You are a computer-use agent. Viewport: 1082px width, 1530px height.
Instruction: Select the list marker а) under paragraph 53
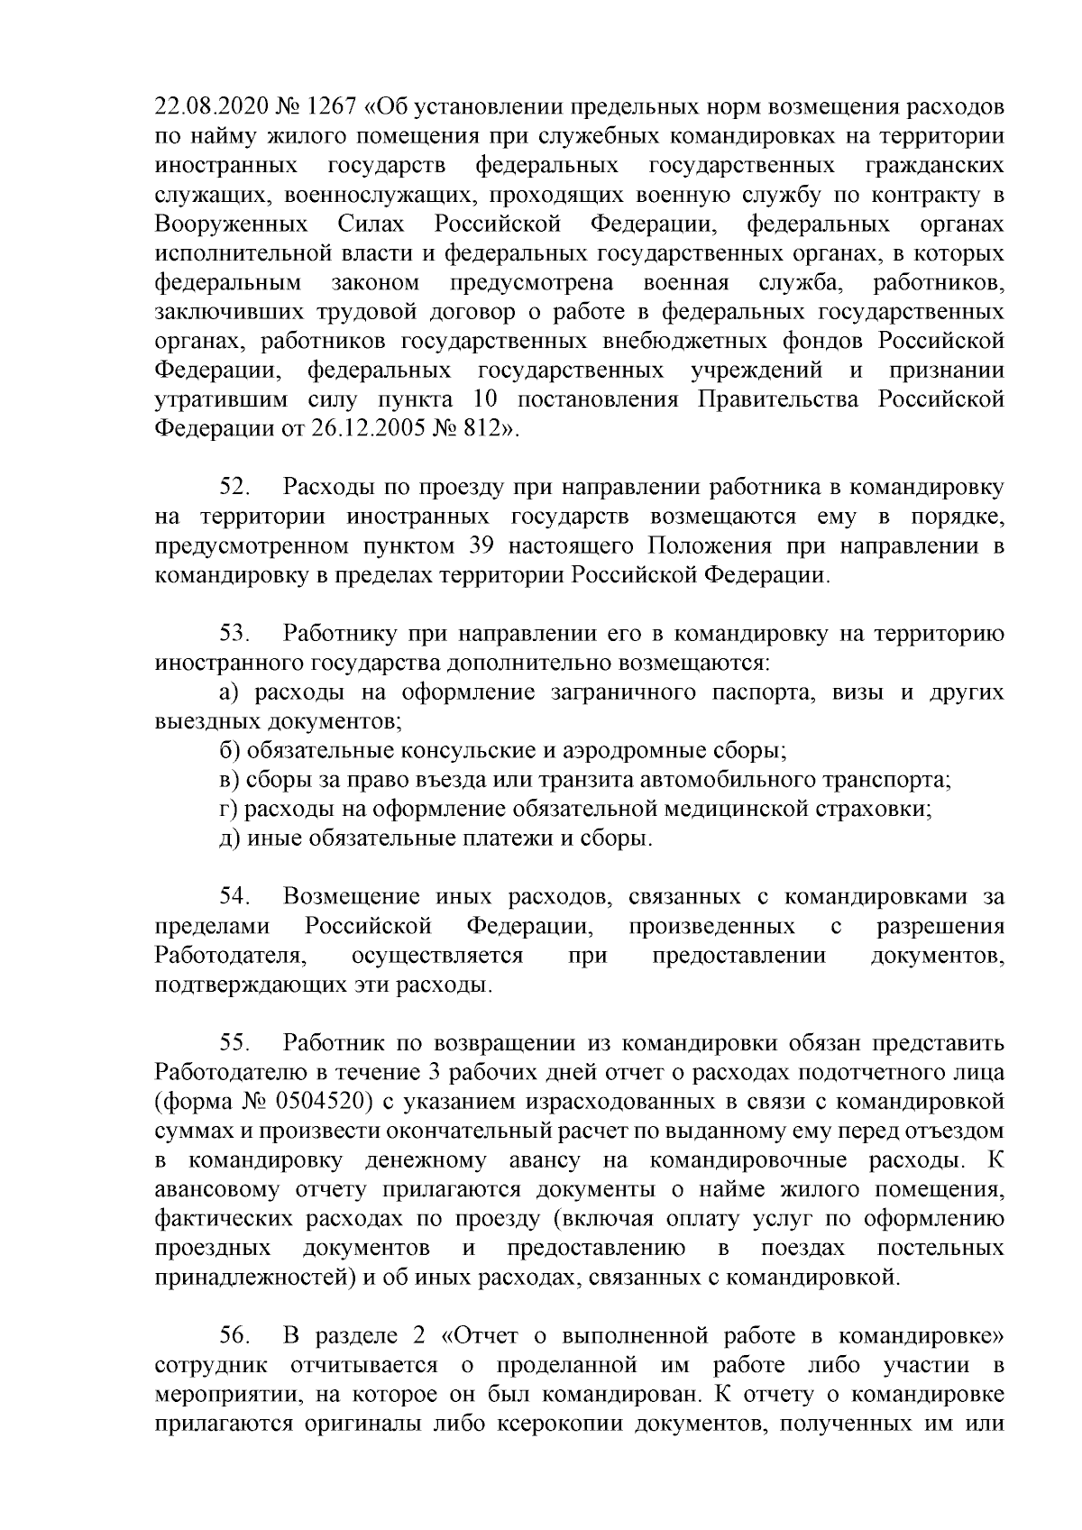coord(228,692)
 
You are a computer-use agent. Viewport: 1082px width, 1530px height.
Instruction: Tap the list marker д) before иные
coord(228,838)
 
